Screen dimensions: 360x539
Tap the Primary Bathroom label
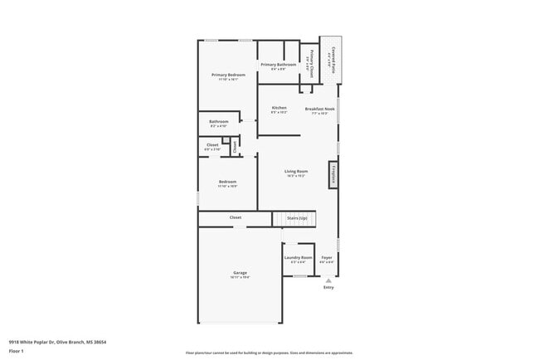click(279, 65)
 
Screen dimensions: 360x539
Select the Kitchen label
click(279, 108)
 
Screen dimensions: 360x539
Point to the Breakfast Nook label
click(319, 109)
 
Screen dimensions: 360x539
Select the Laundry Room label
click(298, 258)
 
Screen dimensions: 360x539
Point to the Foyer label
click(327, 258)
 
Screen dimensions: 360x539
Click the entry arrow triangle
click(328, 280)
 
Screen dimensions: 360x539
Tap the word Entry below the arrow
click(328, 288)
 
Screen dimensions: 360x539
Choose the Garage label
click(240, 273)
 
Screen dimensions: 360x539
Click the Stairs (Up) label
click(297, 218)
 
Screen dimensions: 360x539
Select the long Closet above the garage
click(236, 217)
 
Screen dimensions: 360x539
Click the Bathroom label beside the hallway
click(218, 121)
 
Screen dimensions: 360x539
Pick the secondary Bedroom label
click(227, 182)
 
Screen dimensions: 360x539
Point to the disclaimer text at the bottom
click(269, 353)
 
